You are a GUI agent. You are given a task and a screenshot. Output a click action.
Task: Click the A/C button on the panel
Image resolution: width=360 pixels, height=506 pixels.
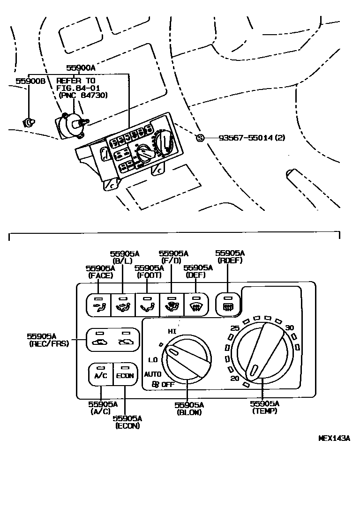pyautogui.click(x=101, y=374)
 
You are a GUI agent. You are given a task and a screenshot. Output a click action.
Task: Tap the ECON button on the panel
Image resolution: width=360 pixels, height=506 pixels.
pyautogui.click(x=125, y=374)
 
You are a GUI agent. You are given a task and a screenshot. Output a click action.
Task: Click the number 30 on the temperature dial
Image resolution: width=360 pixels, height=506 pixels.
pyautogui.click(x=290, y=327)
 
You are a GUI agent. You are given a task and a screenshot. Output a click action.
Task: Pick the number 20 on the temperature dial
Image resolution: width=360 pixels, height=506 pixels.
pyautogui.click(x=235, y=378)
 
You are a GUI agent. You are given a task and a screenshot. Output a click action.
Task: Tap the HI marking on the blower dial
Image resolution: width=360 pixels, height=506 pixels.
pyautogui.click(x=172, y=331)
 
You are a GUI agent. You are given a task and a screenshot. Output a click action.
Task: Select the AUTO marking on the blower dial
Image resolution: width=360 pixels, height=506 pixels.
pyautogui.click(x=153, y=374)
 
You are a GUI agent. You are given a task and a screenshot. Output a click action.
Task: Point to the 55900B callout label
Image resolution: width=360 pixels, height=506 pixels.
pyautogui.click(x=30, y=81)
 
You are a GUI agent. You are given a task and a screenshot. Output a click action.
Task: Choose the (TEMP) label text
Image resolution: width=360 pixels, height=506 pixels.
pyautogui.click(x=264, y=411)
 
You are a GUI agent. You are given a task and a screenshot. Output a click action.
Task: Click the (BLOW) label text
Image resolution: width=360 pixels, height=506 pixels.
pyautogui.click(x=189, y=412)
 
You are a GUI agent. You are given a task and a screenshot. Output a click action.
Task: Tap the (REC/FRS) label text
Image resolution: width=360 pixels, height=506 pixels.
pyautogui.click(x=48, y=343)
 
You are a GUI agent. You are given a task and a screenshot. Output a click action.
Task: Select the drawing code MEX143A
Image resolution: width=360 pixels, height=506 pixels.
pyautogui.click(x=334, y=439)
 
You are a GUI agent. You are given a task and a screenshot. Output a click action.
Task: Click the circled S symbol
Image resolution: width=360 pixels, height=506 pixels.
pyautogui.click(x=200, y=138)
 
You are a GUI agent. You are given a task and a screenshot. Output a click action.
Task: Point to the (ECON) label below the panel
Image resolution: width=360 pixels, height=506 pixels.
pyautogui.click(x=127, y=426)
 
